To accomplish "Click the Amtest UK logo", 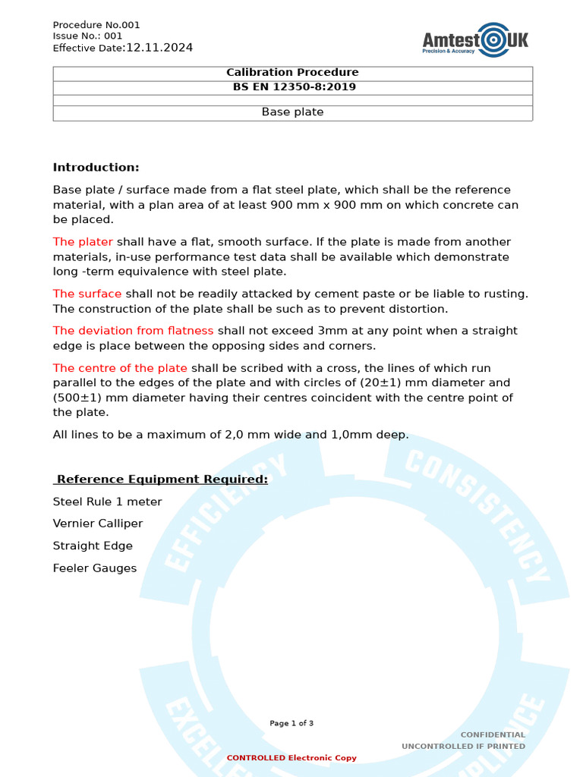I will point(475,39).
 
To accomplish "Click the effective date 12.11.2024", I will point(159,48).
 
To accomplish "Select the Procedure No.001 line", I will point(96,25).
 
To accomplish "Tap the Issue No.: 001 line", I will point(87,36).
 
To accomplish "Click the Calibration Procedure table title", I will point(292,73).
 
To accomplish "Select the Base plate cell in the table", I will point(292,112).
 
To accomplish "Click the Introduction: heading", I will point(96,168).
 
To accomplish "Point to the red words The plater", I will point(83,242).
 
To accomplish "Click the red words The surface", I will point(87,294).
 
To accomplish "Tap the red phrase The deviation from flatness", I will point(133,331).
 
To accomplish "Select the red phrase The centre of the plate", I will point(120,368).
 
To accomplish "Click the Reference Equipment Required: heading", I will point(162,480).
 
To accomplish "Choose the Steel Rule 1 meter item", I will point(107,502).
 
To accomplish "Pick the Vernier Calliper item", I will point(97,524).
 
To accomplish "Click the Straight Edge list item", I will point(93,546).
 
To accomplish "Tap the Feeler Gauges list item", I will point(95,568).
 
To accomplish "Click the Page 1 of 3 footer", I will point(291,723).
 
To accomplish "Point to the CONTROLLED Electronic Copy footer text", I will point(291,757).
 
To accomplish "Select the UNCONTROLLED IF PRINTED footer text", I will point(463,746).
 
